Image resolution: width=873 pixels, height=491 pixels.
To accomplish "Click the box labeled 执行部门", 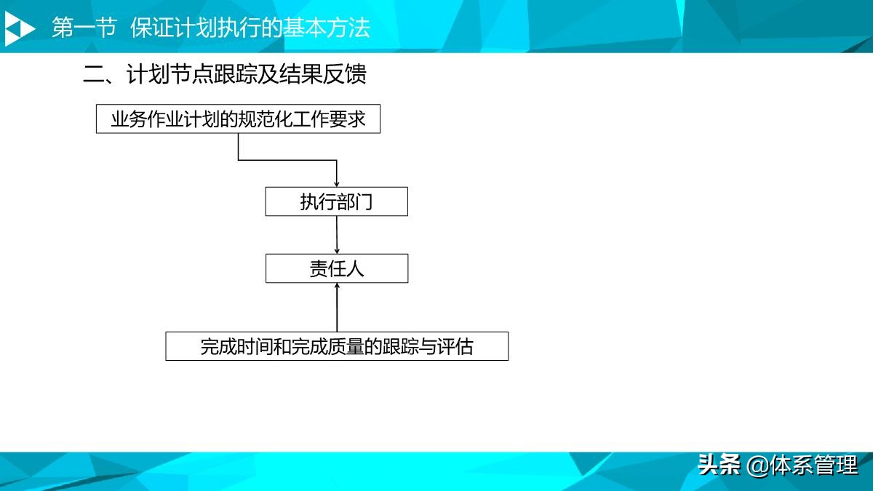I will (x=336, y=201).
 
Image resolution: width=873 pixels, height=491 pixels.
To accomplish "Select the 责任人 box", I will (x=336, y=268).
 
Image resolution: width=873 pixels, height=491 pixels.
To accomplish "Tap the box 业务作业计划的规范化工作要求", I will (x=238, y=119).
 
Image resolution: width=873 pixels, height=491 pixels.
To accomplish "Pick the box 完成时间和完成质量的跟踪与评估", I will (x=336, y=346).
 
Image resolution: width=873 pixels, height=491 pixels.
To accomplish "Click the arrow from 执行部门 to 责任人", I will (x=337, y=234).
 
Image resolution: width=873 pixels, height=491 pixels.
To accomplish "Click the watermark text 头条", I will (x=719, y=464).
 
